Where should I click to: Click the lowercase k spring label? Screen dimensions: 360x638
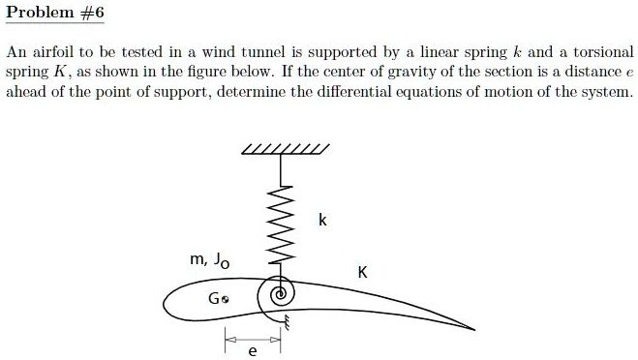pos(322,221)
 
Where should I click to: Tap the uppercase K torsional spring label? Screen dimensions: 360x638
pos(362,272)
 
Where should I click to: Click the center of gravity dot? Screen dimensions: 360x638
pos(225,300)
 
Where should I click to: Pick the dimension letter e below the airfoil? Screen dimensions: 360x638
pos(253,352)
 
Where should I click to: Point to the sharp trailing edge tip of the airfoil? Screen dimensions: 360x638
pos(473,329)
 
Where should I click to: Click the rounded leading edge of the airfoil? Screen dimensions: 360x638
pos(167,309)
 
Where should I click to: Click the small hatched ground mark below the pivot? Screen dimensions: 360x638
pos(286,329)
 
